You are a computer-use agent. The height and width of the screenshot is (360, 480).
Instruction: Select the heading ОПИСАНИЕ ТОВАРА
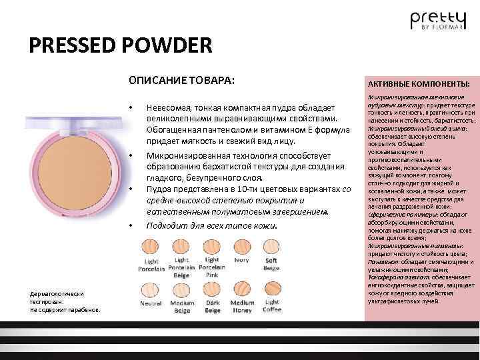click(x=181, y=81)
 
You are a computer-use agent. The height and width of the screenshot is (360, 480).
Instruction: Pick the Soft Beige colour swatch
click(x=271, y=247)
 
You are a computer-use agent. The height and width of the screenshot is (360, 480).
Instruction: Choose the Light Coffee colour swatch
click(x=271, y=288)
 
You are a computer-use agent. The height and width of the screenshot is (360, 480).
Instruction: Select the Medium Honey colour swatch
click(x=241, y=288)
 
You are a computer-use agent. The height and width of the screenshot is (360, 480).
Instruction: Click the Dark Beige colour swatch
click(x=212, y=288)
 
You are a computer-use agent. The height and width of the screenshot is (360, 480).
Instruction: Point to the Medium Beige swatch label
click(x=181, y=307)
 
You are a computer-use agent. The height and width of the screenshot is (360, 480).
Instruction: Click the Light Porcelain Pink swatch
click(x=212, y=247)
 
